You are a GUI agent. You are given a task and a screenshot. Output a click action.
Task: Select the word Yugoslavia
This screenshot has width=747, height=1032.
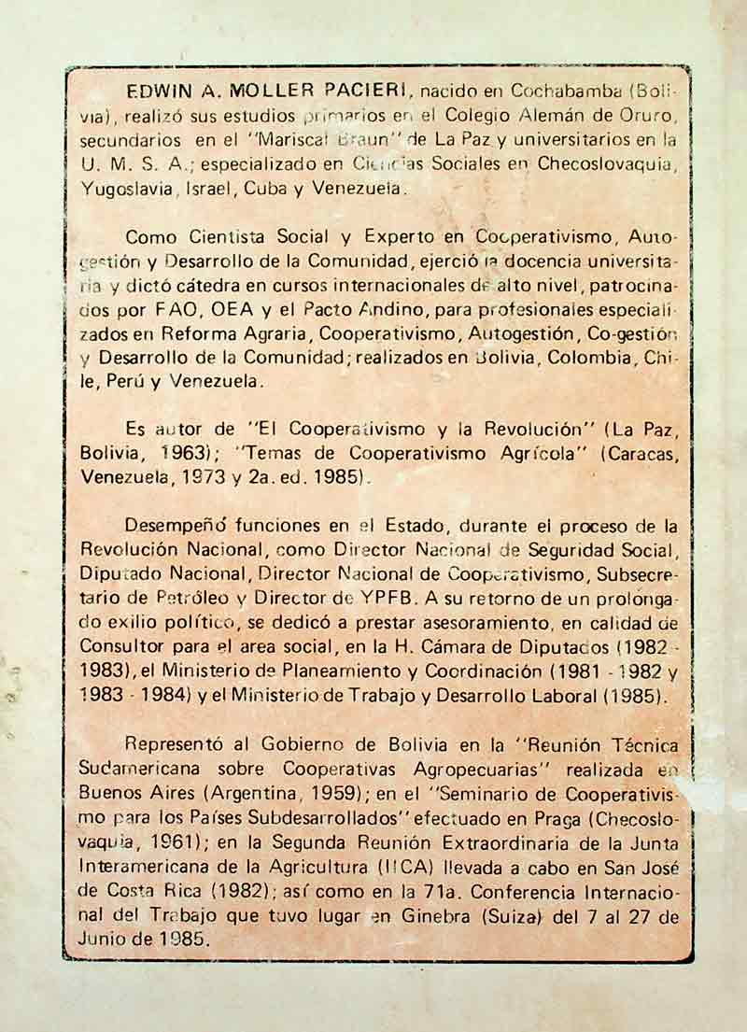[x=125, y=188]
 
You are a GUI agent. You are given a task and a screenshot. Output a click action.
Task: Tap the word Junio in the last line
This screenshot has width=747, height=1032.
[x=106, y=940]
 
